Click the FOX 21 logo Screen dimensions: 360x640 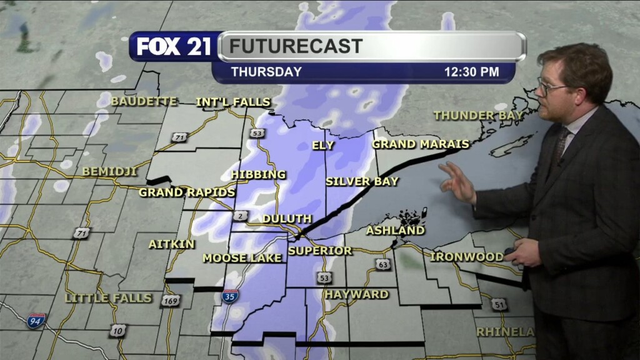click(x=174, y=47)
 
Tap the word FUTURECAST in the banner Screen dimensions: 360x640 click(x=296, y=46)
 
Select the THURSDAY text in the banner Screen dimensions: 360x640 click(x=266, y=72)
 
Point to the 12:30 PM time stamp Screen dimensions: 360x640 click(x=471, y=72)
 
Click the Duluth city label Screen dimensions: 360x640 click(x=287, y=219)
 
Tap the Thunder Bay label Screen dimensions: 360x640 click(x=473, y=116)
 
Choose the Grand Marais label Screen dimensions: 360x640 click(x=421, y=144)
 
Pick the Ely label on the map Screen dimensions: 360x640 click(x=323, y=146)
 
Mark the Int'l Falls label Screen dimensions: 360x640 click(x=233, y=102)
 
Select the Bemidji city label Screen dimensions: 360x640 click(x=109, y=171)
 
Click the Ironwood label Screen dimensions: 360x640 click(x=467, y=257)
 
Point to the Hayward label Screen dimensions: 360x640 click(x=356, y=294)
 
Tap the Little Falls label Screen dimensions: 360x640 click(x=108, y=298)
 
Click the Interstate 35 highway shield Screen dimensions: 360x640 click(x=229, y=296)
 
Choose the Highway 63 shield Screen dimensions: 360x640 click(x=383, y=265)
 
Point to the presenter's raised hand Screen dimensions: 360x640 click(x=457, y=182)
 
